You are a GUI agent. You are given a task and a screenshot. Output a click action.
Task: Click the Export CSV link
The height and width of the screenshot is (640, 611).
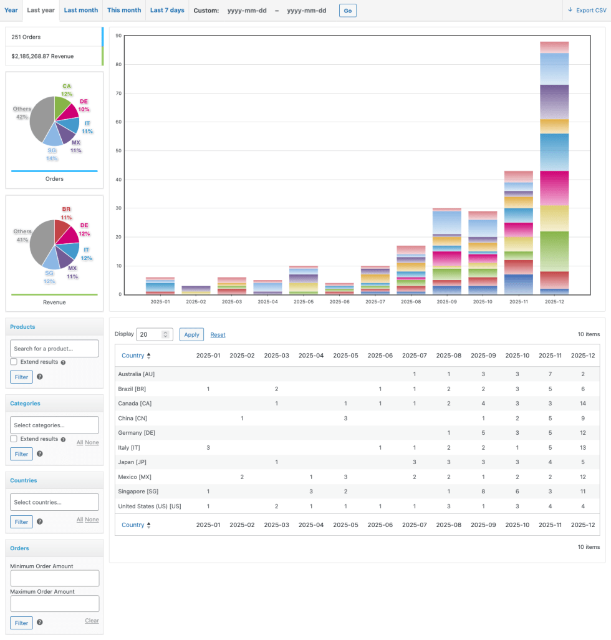click(x=587, y=10)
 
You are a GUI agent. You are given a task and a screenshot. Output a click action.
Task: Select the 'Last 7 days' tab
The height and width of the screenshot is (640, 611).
click(x=167, y=10)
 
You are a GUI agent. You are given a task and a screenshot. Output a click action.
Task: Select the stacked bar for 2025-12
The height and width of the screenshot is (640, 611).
click(x=554, y=168)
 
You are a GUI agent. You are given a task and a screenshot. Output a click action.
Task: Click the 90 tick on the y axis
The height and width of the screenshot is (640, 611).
click(x=118, y=36)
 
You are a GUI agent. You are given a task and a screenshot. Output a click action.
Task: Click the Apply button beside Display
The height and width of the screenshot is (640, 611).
click(x=191, y=334)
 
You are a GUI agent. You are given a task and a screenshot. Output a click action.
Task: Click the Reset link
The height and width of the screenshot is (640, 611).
click(x=218, y=335)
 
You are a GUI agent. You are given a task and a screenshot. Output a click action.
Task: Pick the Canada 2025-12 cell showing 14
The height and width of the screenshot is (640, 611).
click(x=582, y=404)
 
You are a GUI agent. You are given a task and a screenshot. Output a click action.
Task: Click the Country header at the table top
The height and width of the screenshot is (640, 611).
click(x=133, y=356)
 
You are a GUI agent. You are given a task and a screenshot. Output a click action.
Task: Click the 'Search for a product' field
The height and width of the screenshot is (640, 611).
click(x=54, y=348)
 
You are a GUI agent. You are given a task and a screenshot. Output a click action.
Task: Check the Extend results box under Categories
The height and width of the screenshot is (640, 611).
click(x=14, y=439)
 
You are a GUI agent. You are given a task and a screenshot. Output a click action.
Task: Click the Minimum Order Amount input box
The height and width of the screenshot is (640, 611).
click(x=54, y=578)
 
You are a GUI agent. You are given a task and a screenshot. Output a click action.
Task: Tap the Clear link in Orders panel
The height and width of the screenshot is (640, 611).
click(x=92, y=621)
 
